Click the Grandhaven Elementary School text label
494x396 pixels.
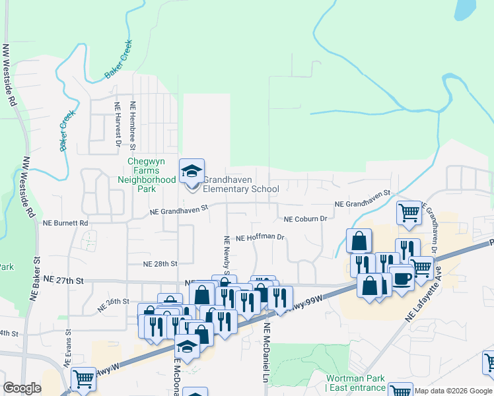(241, 184)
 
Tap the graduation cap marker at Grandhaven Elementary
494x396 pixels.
(192, 172)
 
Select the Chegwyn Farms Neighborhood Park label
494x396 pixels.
(147, 175)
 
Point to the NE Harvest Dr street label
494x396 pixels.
(118, 123)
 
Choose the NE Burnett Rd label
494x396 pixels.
(64, 224)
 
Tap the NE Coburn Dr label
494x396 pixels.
(306, 218)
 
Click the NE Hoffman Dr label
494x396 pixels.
(260, 237)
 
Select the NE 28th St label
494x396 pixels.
(161, 263)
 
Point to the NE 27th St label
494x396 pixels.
(63, 280)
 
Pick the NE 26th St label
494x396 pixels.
(113, 305)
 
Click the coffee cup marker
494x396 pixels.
(401, 278)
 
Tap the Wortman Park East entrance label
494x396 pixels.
(356, 383)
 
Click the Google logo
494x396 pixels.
(22, 388)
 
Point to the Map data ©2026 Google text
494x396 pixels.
(453, 391)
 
